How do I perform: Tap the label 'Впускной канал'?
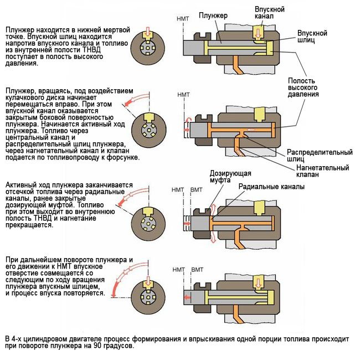(270, 14)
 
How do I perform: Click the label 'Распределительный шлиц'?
(319, 155)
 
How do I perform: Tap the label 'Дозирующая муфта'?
(224, 177)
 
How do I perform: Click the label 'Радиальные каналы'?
(271, 187)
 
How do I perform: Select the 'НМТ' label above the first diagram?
(182, 19)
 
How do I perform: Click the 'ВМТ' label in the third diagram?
(197, 191)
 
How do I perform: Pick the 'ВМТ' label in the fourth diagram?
(197, 270)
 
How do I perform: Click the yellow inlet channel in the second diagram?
(259, 114)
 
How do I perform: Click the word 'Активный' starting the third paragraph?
(21, 185)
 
